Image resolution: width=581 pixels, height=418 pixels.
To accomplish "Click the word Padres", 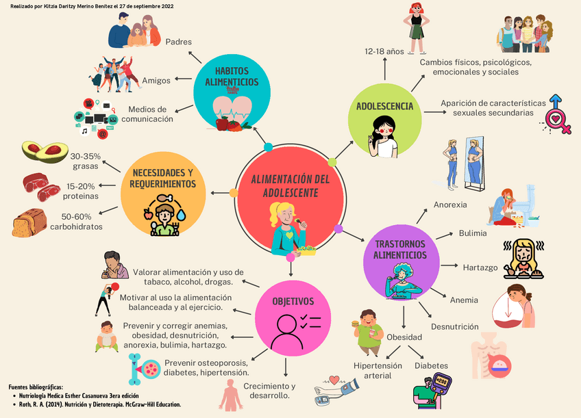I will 179,42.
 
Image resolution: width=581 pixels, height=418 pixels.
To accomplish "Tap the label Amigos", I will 156,80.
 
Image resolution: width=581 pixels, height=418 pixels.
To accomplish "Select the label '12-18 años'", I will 384,51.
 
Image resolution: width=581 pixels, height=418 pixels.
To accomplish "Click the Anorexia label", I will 450,205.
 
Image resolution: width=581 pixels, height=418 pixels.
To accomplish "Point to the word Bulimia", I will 473,233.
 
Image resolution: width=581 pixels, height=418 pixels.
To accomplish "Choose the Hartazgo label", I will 480,267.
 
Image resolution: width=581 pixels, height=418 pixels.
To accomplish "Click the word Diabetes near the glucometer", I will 431,365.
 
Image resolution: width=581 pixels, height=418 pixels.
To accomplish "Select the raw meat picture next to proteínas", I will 40,187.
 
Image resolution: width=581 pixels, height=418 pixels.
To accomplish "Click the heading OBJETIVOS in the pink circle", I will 293,301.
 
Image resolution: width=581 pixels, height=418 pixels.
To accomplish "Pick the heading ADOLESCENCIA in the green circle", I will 384,106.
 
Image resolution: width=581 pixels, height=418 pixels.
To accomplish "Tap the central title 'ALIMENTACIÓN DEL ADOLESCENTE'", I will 290,186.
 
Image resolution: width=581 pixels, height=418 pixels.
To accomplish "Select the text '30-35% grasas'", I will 86,161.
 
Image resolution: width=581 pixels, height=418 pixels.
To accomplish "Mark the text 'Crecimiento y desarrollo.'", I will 269,391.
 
